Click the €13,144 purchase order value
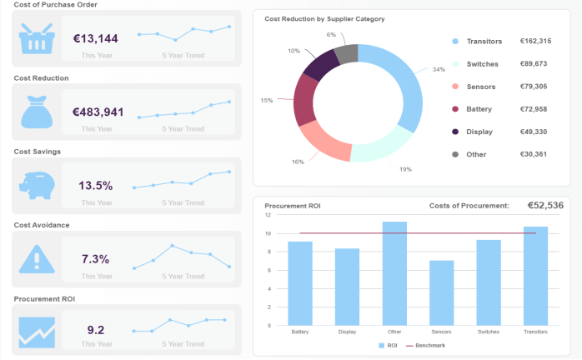coord(96,38)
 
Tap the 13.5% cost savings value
coord(96,185)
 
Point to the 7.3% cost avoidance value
coord(96,258)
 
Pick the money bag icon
coord(37,112)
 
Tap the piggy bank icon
coord(37,185)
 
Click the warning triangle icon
coord(37,258)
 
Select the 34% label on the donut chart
coord(439,70)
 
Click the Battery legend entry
coord(479,109)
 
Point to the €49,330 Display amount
coord(534,132)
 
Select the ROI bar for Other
coord(394,273)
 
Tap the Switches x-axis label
coord(489,332)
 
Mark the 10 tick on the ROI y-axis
coord(268,233)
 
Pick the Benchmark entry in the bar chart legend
coord(427,345)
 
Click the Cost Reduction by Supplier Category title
coord(318,18)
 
